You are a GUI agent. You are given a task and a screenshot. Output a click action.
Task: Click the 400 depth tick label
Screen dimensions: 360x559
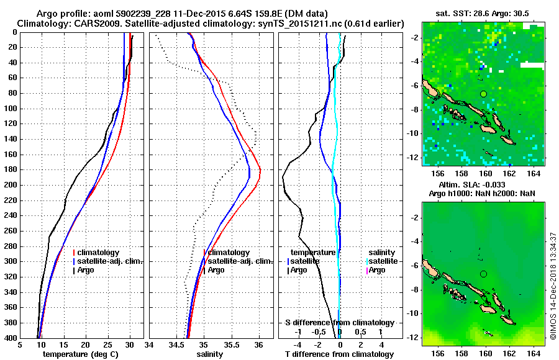11,338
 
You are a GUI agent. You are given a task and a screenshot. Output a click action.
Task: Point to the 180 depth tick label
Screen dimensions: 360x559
11,169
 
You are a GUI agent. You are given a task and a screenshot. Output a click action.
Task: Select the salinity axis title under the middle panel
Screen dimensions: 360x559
211,354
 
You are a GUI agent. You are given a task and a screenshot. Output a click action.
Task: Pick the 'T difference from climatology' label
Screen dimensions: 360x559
339,354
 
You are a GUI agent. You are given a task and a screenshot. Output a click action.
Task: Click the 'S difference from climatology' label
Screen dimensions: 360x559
339,323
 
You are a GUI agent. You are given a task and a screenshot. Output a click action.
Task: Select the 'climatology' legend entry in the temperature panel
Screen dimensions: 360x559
99,253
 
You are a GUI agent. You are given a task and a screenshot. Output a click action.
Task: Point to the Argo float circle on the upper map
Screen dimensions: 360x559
483,94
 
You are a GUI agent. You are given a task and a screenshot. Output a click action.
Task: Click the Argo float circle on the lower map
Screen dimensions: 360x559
483,274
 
